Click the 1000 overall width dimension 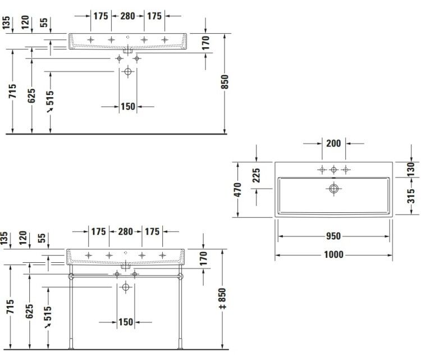click(333, 254)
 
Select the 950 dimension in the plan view click(333, 236)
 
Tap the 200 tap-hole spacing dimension click(333, 143)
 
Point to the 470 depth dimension click(237, 190)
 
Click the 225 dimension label click(257, 175)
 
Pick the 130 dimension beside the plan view click(411, 169)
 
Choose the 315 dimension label click(411, 196)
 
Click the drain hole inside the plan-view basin click(333, 189)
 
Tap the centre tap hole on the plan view click(333, 170)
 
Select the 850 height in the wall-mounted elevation click(225, 82)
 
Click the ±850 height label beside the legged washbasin click(222, 298)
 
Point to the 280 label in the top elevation click(127, 16)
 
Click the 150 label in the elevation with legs click(126, 322)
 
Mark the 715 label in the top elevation click(12, 91)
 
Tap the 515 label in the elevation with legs click(48, 313)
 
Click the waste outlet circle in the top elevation click(128, 72)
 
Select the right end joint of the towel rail click(180, 276)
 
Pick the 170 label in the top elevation click(205, 43)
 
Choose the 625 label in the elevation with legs click(29, 311)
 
